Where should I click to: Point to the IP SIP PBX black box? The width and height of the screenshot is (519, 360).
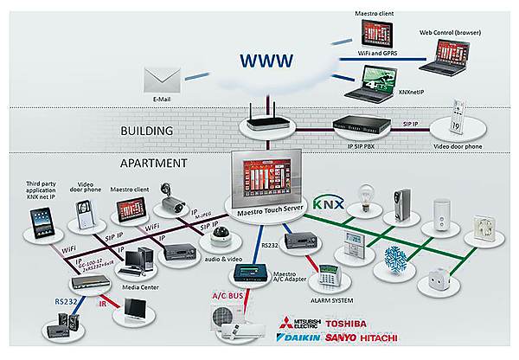pyautogui.click(x=364, y=126)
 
